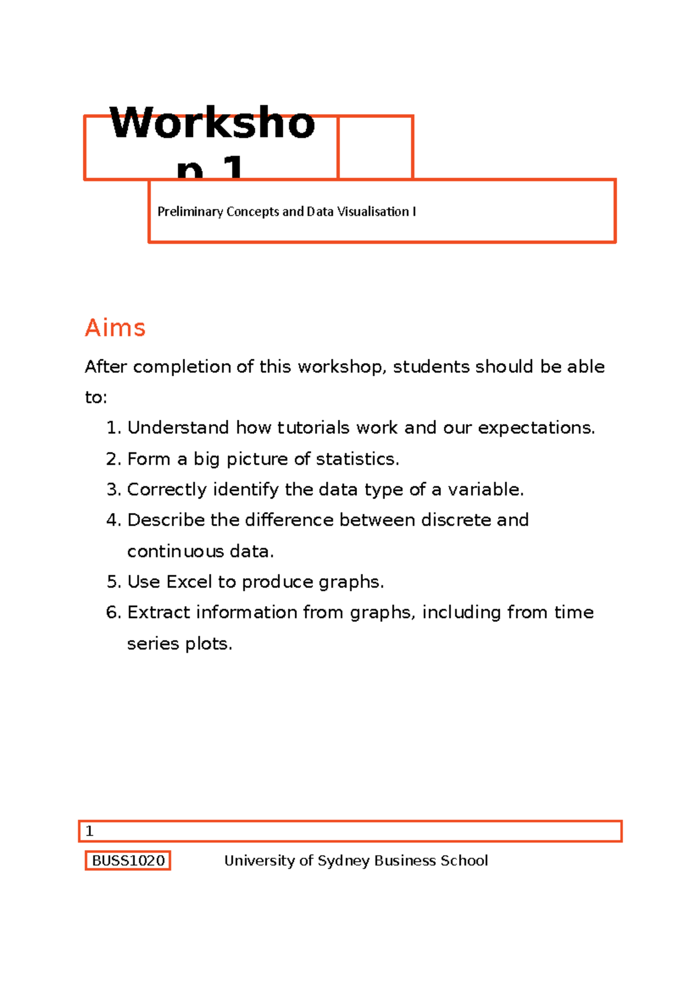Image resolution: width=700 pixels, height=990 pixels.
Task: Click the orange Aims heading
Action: click(115, 328)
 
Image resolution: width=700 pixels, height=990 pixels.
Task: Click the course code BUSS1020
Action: click(128, 861)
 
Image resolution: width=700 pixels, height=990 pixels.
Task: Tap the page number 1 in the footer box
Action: click(89, 831)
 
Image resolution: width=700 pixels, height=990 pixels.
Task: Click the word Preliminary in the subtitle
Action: click(190, 212)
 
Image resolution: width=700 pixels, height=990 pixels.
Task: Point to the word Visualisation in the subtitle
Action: click(373, 212)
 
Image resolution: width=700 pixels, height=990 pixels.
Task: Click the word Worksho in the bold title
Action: click(212, 124)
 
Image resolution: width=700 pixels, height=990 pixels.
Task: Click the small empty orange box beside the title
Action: click(375, 148)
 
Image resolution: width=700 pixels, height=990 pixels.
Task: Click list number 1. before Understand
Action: click(114, 428)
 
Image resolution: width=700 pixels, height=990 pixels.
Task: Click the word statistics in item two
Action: click(357, 459)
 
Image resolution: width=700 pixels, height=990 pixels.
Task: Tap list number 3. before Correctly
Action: click(114, 490)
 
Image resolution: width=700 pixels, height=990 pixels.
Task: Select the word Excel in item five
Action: click(189, 582)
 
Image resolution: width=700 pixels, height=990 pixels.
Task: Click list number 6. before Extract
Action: click(114, 613)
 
